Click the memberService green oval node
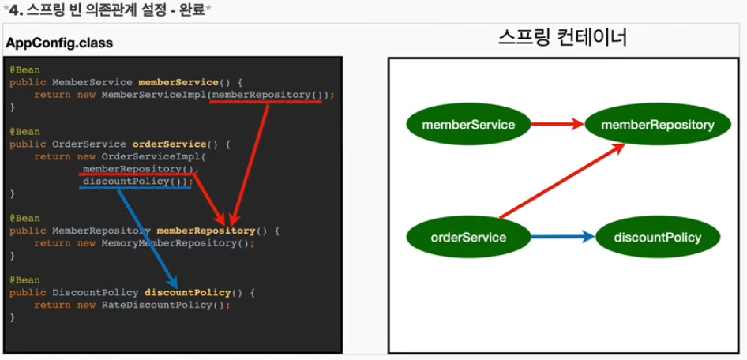pyautogui.click(x=469, y=124)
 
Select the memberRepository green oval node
pyautogui.click(x=657, y=124)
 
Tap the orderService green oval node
pyautogui.click(x=469, y=236)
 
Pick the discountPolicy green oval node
pyautogui.click(x=657, y=236)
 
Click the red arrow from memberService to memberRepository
pyautogui.click(x=557, y=124)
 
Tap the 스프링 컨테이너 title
pyautogui.click(x=564, y=37)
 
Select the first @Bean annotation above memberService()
pyautogui.click(x=24, y=69)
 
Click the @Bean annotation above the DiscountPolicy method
pyautogui.click(x=24, y=279)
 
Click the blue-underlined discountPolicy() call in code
pyautogui.click(x=137, y=181)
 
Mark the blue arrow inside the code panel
pyautogui.click(x=146, y=237)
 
